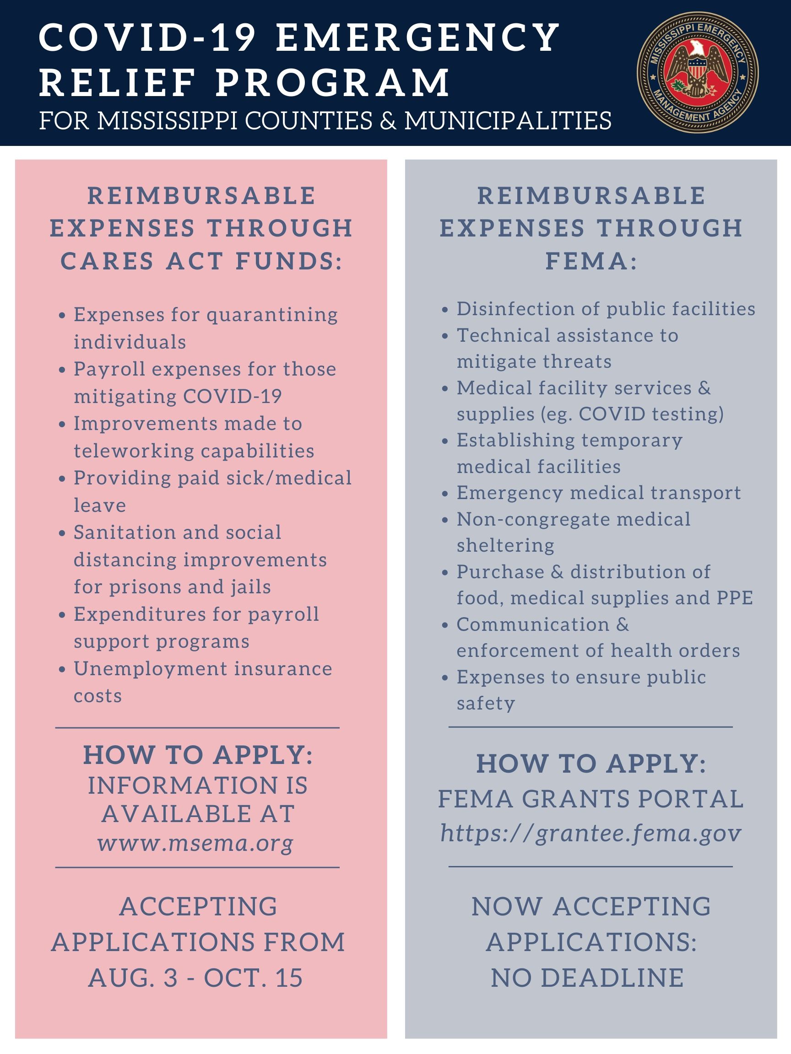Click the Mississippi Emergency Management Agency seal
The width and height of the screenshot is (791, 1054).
click(x=698, y=72)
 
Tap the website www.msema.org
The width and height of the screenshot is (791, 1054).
click(x=195, y=843)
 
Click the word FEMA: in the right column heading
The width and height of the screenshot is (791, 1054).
click(x=591, y=261)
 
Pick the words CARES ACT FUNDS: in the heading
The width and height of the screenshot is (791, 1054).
click(x=201, y=261)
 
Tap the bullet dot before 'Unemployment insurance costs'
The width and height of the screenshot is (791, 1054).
click(x=61, y=669)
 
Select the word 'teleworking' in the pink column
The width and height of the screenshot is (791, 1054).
click(x=126, y=451)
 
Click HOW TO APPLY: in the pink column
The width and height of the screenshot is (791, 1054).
click(x=198, y=755)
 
